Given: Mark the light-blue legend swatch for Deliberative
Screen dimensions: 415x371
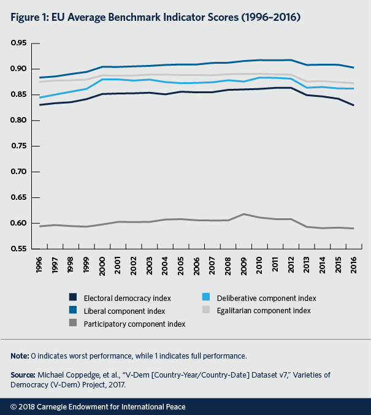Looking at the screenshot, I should click(x=212, y=298).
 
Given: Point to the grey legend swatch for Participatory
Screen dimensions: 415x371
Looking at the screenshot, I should click(x=72, y=324).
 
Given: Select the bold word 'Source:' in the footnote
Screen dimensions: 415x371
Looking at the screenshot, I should click(x=24, y=374).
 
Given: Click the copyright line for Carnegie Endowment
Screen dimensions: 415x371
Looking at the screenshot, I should click(x=98, y=406).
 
